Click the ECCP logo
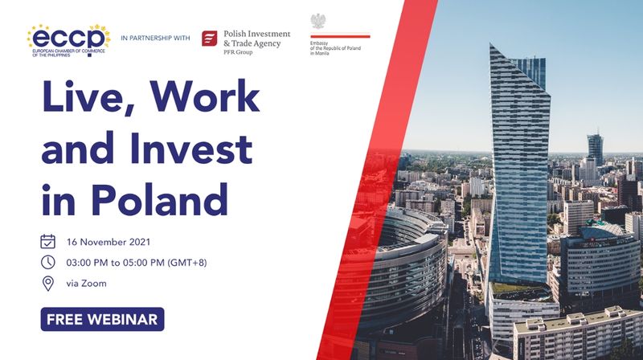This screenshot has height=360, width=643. (68, 40)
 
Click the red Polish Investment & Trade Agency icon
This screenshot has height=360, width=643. (210, 39)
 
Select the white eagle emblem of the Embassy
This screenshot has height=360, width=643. (317, 20)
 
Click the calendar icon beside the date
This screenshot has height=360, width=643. (48, 241)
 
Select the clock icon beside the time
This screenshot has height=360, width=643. (48, 262)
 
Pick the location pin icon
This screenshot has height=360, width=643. (48, 283)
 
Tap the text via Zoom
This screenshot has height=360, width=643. (87, 283)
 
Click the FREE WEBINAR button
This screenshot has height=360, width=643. (102, 319)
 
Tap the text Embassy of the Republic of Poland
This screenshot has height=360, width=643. (337, 47)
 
